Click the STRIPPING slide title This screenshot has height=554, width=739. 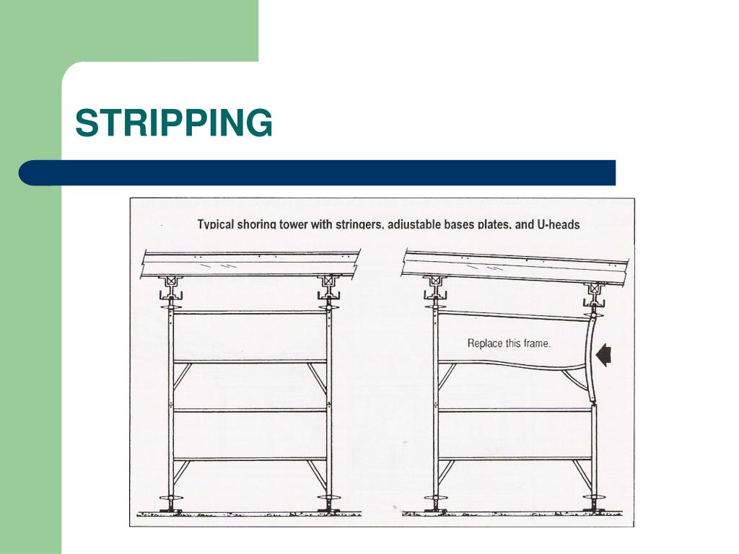pos(174,123)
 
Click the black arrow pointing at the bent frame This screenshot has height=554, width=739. pos(603,355)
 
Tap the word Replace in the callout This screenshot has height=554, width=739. pos(485,343)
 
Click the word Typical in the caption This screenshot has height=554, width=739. pos(215,224)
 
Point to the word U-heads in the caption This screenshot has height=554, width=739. pos(559,224)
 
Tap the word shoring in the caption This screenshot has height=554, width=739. pos(256,224)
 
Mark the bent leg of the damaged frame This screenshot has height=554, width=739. pos(589,358)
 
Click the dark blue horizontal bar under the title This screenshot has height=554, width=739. pos(317,173)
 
